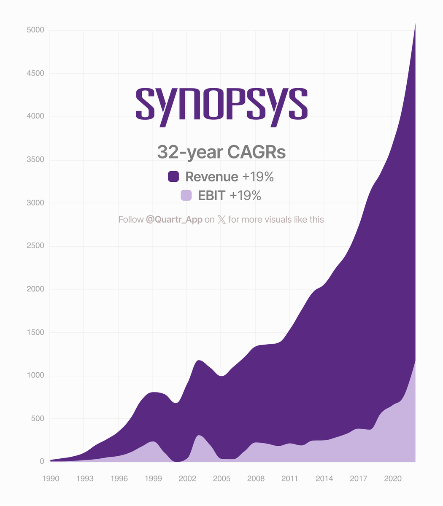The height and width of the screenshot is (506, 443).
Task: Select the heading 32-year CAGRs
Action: (221, 152)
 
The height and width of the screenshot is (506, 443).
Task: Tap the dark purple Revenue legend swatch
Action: (173, 177)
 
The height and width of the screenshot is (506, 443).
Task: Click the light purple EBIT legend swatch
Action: (186, 195)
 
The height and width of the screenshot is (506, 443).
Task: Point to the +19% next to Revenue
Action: (258, 177)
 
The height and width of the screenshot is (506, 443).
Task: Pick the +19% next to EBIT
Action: (245, 195)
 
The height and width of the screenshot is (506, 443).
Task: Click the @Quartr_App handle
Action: (174, 219)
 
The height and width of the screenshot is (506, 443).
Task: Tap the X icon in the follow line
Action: (221, 219)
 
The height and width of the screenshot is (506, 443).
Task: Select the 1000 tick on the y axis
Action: (36, 375)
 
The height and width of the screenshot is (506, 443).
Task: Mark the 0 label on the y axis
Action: (42, 461)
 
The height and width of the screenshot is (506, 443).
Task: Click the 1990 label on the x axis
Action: (50, 478)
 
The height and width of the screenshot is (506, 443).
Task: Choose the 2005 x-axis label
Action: (221, 478)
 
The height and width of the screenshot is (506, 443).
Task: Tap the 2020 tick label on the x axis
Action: (393, 478)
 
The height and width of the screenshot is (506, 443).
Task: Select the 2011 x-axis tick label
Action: (290, 478)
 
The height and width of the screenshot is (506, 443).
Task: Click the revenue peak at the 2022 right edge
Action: (415, 25)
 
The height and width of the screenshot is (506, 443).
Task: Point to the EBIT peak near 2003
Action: (200, 436)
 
